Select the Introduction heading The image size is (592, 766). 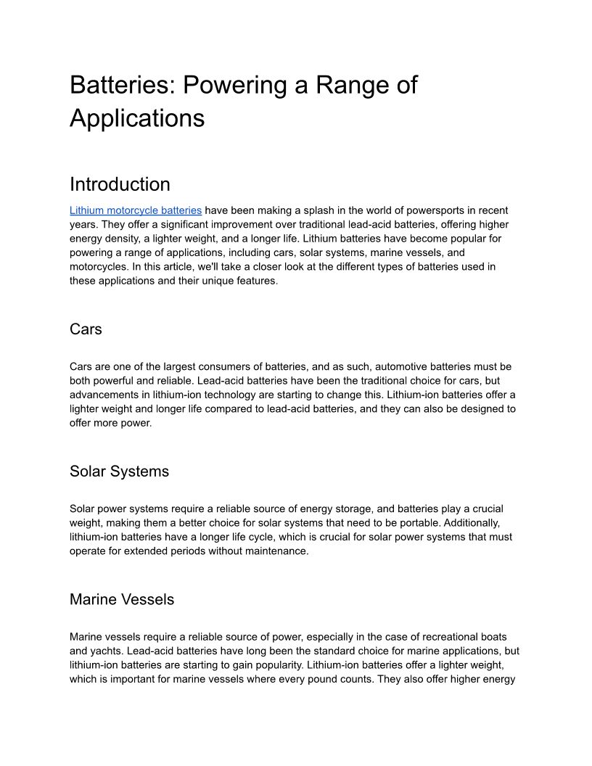(x=120, y=184)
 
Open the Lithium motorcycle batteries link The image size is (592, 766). (x=136, y=210)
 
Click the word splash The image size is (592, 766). (x=323, y=210)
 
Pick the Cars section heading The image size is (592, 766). (x=86, y=329)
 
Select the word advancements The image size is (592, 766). (x=104, y=395)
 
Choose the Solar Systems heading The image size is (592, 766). (x=119, y=471)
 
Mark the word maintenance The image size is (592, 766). (x=274, y=551)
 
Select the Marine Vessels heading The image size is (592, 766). (x=122, y=600)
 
